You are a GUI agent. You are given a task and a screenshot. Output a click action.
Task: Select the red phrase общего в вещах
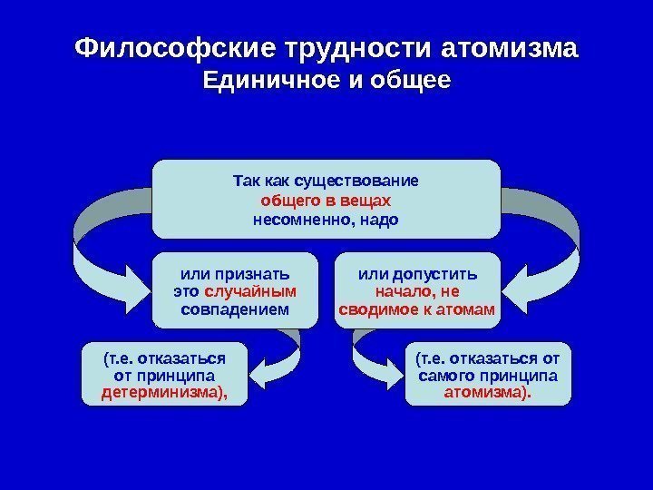point(326,200)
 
